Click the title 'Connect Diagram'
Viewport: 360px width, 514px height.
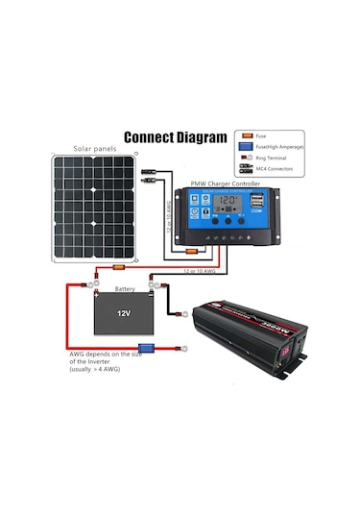pyautogui.click(x=175, y=136)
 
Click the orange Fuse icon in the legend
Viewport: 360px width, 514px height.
pyautogui.click(x=247, y=135)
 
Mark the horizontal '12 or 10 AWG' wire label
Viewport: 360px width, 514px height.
pyautogui.click(x=200, y=273)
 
